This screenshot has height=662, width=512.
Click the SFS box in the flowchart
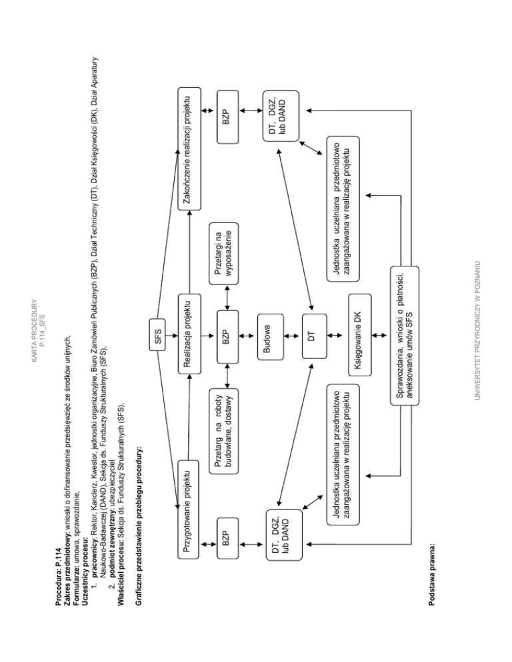pos(157,335)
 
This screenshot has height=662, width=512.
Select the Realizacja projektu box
pos(189,334)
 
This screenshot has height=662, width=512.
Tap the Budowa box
pos(271,336)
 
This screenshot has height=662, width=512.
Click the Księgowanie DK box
pos(360,335)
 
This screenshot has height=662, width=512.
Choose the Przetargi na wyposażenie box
pos(223,253)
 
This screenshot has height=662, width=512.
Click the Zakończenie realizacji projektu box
pos(189,149)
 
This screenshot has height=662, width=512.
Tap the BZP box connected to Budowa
pos(227,336)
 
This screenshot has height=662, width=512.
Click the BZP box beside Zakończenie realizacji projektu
pos(227,117)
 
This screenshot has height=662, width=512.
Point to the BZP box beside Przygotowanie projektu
pos(227,538)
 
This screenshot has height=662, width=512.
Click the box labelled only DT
pos(314,336)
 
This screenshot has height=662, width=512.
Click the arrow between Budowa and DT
pos(293,336)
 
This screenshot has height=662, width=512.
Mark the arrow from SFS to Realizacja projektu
pos(171,336)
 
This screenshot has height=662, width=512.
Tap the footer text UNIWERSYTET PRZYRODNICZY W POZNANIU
pos(477,331)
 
